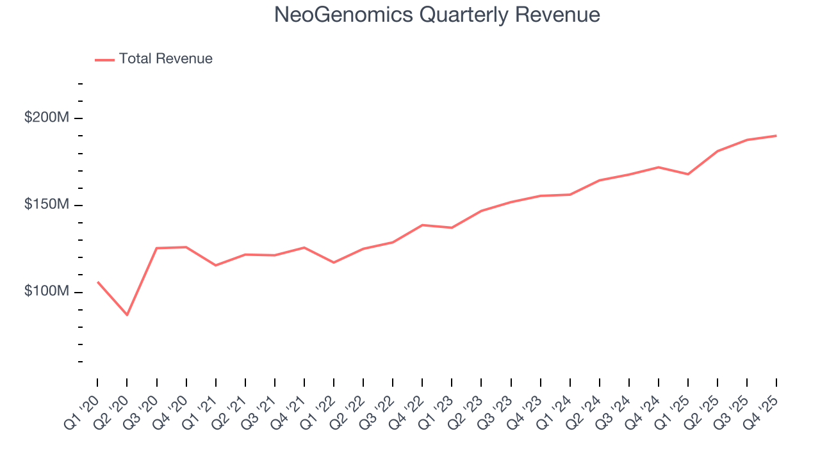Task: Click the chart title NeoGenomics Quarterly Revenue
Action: click(437, 15)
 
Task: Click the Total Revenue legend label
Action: click(165, 59)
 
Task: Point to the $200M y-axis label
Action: click(45, 118)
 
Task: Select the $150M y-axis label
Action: click(45, 205)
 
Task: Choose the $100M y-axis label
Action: click(45, 291)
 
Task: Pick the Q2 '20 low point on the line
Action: click(127, 315)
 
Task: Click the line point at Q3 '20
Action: click(156, 248)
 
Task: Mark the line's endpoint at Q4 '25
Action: click(776, 136)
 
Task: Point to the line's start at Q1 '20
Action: click(97, 282)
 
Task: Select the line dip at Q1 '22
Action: click(334, 263)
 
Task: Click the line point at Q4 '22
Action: click(422, 225)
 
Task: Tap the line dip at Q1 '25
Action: click(688, 174)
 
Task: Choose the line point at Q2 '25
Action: click(717, 151)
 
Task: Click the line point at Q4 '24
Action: click(659, 167)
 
